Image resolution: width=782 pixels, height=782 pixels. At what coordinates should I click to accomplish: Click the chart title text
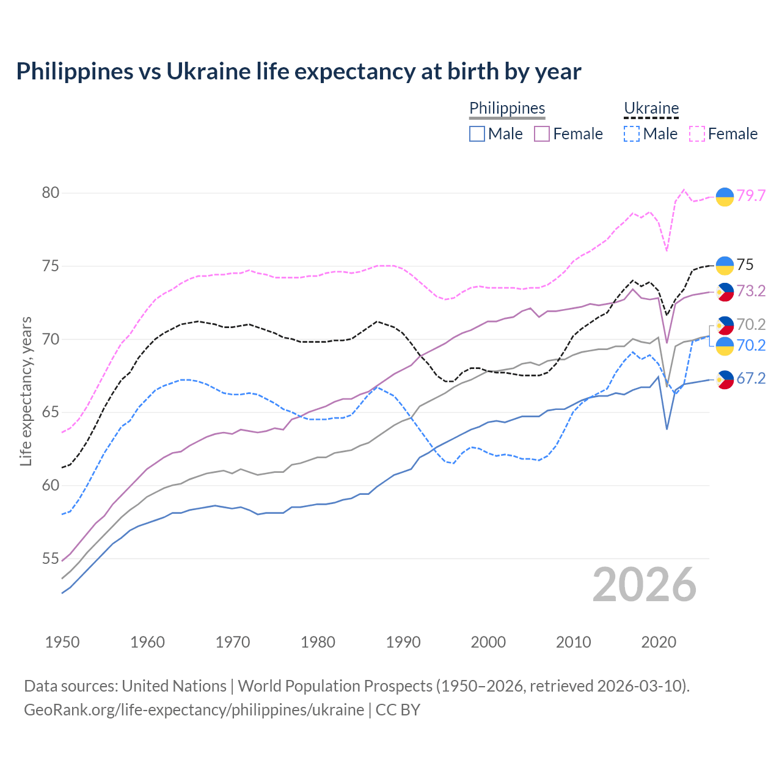(298, 71)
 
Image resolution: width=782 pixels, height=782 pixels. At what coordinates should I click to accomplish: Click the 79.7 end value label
(751, 195)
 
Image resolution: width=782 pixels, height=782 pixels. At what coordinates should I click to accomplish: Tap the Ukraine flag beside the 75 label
(725, 265)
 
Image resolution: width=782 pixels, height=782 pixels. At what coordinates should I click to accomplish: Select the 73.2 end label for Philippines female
(751, 291)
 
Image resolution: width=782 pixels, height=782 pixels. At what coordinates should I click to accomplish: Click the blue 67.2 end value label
(751, 379)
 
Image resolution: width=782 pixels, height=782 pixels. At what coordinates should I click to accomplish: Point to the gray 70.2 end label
(751, 324)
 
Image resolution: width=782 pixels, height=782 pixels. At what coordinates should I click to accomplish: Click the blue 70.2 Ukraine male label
(751, 346)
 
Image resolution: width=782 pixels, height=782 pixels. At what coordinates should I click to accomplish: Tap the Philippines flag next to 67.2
(725, 379)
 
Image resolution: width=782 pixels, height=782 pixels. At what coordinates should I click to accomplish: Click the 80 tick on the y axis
(50, 193)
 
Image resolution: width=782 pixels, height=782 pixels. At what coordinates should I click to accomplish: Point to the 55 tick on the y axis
(50, 559)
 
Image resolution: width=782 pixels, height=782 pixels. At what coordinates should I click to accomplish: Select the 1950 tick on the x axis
(62, 642)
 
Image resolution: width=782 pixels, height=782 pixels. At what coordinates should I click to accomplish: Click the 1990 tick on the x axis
(403, 642)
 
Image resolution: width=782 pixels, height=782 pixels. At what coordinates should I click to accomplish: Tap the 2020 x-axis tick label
(659, 642)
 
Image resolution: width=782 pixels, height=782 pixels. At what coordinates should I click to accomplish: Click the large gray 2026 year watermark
(645, 585)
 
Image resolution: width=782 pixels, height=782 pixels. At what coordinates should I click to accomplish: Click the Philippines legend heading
(507, 108)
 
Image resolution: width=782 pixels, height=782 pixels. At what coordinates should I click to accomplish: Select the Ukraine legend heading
(651, 108)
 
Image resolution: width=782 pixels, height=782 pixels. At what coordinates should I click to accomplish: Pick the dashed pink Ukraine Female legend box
(697, 134)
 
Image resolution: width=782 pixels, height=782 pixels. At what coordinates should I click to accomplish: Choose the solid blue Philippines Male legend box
(477, 134)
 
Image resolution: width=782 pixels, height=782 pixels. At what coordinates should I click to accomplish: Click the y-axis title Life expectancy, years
(26, 391)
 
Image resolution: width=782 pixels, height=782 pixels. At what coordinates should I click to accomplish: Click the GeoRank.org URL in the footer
(194, 710)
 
